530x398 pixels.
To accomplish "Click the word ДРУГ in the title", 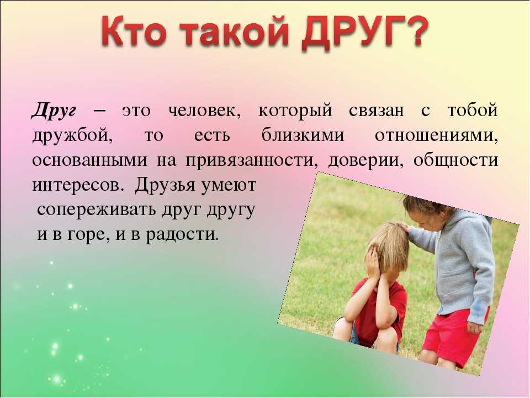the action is click(x=352, y=33).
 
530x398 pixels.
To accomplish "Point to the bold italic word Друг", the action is click(x=54, y=111).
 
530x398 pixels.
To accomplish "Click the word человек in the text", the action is click(x=204, y=111).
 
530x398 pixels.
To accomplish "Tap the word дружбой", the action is click(x=72, y=136).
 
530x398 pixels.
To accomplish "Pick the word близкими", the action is click(x=303, y=135).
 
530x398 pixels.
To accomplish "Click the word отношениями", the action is click(x=436, y=136).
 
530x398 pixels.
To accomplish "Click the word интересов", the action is click(x=77, y=186).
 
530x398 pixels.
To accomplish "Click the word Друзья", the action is click(x=165, y=185).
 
